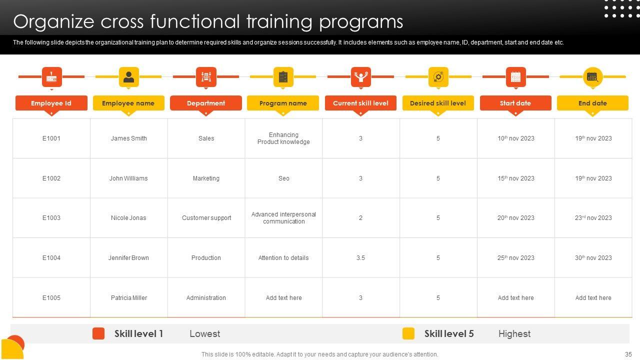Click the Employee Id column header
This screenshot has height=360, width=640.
[x=51, y=103]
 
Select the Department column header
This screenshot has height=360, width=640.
[x=206, y=103]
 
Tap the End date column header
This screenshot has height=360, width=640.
[x=592, y=103]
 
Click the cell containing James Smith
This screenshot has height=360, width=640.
[x=129, y=138]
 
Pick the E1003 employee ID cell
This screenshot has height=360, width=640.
[x=51, y=217]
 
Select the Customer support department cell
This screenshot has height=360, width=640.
[x=206, y=217]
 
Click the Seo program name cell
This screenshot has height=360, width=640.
[x=283, y=178]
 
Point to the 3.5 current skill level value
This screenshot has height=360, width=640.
[x=360, y=257]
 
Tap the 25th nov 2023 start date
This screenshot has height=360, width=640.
[x=515, y=257]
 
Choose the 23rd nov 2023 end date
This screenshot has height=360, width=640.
[x=593, y=217]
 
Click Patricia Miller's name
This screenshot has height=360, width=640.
[x=129, y=297]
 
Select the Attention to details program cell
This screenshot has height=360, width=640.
[x=283, y=257]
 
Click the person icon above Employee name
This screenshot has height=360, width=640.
[x=129, y=77]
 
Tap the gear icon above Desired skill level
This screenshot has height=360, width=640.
[x=438, y=77]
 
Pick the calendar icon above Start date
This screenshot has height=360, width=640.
[x=515, y=77]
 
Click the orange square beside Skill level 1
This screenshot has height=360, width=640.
[x=98, y=333]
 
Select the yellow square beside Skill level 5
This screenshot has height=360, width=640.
[x=408, y=333]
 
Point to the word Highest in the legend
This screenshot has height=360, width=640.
[x=514, y=333]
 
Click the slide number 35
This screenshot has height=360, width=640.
[x=628, y=354]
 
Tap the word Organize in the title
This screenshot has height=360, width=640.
[x=53, y=22]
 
